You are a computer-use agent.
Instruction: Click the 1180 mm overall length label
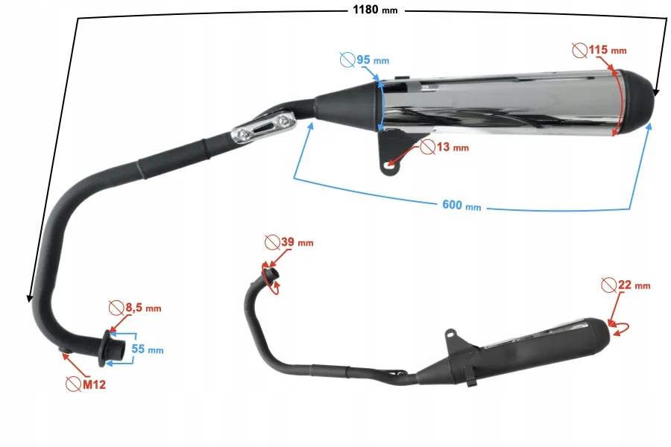click(375, 10)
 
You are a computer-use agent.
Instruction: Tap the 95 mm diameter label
click(373, 60)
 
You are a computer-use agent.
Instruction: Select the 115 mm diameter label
click(608, 50)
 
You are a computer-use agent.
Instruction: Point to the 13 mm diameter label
click(453, 148)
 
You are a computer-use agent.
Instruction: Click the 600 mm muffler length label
click(461, 206)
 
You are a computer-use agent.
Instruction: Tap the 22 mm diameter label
click(634, 285)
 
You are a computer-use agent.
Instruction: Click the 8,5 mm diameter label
click(143, 308)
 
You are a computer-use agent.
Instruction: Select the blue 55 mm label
click(147, 349)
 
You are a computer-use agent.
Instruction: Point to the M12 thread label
click(94, 384)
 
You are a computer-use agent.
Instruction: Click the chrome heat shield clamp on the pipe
click(264, 127)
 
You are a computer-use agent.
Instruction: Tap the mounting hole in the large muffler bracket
click(389, 165)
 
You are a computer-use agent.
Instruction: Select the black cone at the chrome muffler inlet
click(347, 106)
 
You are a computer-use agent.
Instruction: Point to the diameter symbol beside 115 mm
click(580, 51)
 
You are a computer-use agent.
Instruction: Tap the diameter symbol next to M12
click(74, 384)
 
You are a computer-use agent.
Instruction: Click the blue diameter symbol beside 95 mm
click(347, 60)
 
